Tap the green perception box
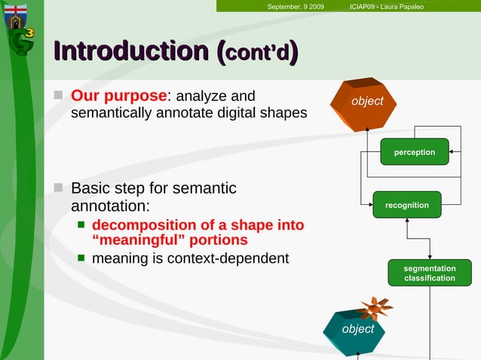point(414,152)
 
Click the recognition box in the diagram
point(406,205)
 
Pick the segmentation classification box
point(429,273)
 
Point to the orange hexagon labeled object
point(366,102)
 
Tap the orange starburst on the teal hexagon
point(375,308)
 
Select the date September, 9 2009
point(296,7)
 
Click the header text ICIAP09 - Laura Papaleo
point(387,7)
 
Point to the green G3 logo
point(21,41)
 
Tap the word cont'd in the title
point(258,53)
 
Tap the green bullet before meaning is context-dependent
point(81,259)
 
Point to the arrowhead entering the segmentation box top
point(430,257)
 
